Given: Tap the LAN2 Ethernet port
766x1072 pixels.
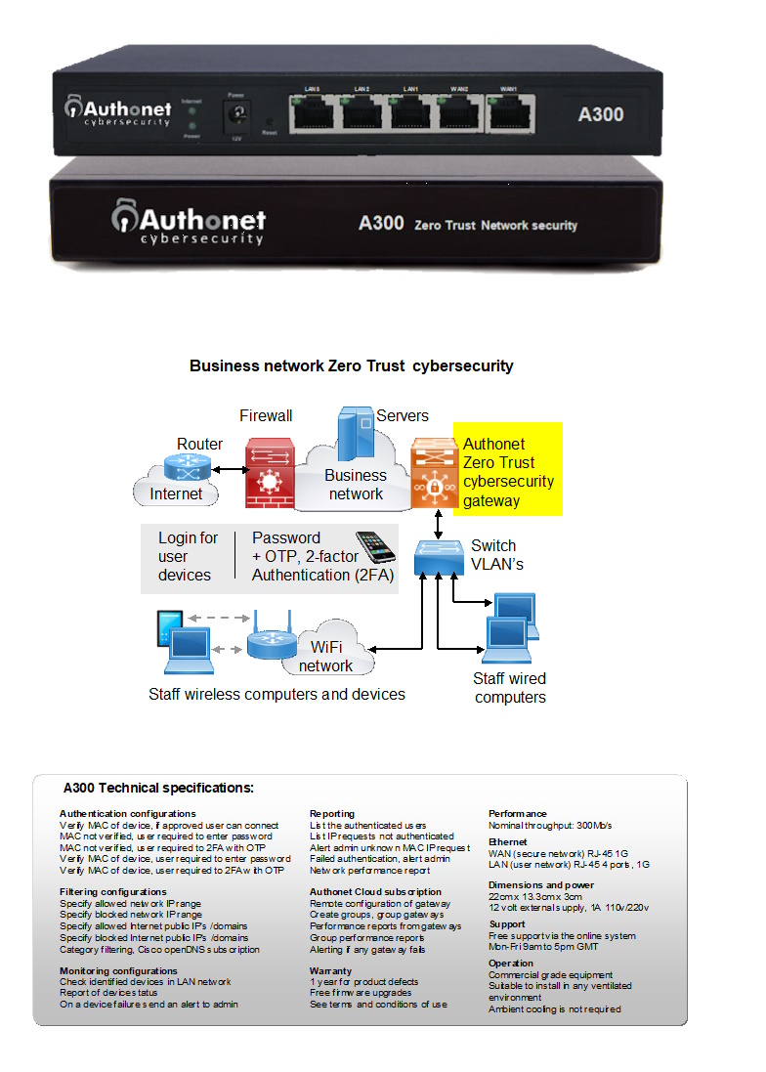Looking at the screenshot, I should coord(362,113).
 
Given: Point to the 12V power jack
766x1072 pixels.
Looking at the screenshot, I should coord(235,117).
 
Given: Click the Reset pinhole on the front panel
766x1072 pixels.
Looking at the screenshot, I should coord(270,121).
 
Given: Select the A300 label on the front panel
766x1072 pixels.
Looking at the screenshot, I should coord(601,114).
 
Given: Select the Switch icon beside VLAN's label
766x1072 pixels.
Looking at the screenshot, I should coord(438,557).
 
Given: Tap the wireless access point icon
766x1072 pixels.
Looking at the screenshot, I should coord(264,641).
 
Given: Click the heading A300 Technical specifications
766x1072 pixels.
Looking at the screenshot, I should coord(158,787).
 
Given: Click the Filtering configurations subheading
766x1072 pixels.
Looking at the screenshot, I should coord(113,891).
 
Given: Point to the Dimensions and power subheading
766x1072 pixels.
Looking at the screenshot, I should coord(540,885).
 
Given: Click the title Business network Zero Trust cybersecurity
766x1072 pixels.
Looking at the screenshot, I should coord(352,366).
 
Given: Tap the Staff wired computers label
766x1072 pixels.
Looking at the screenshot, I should coord(510,688).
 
